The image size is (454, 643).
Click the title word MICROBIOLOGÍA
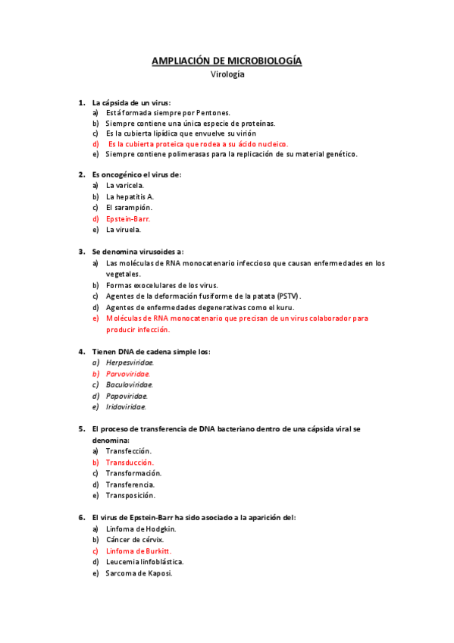pyautogui.click(x=259, y=61)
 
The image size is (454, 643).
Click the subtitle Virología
pyautogui.click(x=227, y=74)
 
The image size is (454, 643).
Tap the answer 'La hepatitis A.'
pyautogui.click(x=130, y=196)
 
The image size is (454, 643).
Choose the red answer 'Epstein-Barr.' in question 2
pyautogui.click(x=129, y=218)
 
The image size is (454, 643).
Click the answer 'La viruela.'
pyautogui.click(x=123, y=229)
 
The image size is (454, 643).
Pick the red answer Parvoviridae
pyautogui.click(x=128, y=373)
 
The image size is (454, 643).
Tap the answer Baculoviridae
pyautogui.click(x=129, y=384)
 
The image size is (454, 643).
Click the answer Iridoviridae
pyautogui.click(x=127, y=406)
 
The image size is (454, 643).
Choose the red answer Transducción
pyautogui.click(x=130, y=462)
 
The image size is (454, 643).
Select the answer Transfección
pyautogui.click(x=129, y=450)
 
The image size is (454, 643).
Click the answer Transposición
pyautogui.click(x=130, y=495)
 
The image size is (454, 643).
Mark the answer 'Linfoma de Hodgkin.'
pyautogui.click(x=141, y=529)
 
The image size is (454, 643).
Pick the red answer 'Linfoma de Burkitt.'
pyautogui.click(x=139, y=550)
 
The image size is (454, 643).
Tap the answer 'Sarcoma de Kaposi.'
pyautogui.click(x=139, y=573)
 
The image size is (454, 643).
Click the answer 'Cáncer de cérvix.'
pyautogui.click(x=135, y=539)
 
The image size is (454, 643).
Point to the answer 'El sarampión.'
pyautogui.click(x=129, y=207)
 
